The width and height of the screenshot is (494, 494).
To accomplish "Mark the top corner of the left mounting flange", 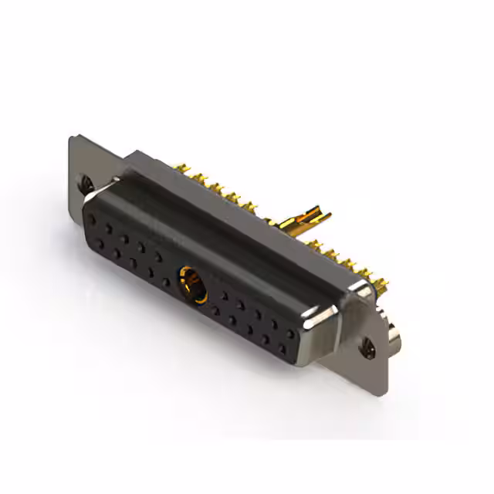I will click(x=71, y=138).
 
